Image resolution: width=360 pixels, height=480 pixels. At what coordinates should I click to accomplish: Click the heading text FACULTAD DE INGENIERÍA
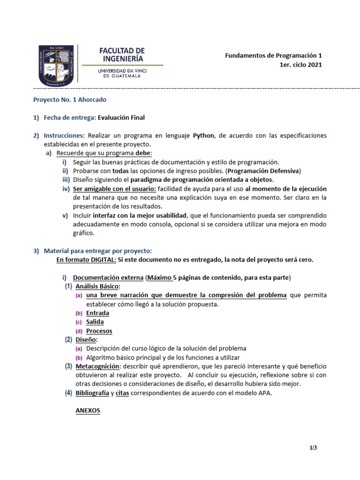(122, 54)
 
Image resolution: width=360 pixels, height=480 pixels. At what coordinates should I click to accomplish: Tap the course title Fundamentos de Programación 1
(273, 55)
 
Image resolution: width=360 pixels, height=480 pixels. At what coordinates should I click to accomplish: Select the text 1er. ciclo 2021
(300, 65)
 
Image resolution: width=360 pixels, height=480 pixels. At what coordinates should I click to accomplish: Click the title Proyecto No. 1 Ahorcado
(69, 100)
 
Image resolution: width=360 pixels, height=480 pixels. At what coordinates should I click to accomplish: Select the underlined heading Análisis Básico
(97, 286)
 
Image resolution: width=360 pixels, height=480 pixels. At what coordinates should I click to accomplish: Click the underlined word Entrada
(97, 313)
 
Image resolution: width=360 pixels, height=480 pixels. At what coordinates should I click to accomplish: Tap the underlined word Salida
(95, 322)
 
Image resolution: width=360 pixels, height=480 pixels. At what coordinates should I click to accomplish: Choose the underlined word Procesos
(99, 331)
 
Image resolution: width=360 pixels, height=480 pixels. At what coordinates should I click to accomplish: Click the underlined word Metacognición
(97, 366)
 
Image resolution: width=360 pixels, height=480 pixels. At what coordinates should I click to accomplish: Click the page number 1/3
(313, 448)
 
